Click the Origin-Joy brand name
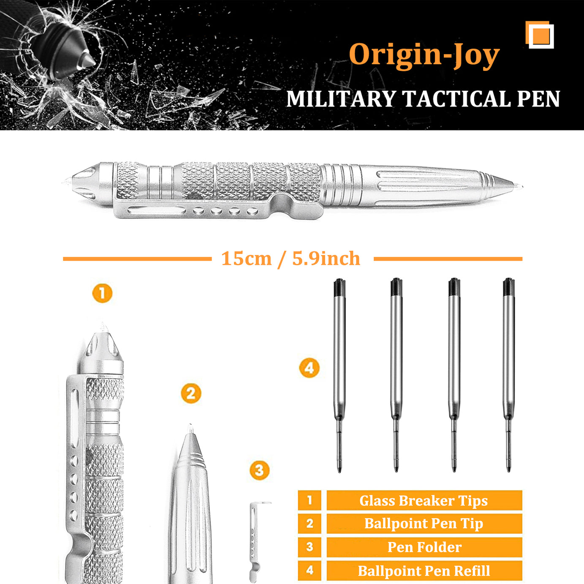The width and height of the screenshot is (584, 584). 424,54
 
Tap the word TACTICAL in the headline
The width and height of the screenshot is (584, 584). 456,99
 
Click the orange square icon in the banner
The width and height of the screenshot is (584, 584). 540,35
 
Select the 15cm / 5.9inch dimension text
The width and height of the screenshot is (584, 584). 291,258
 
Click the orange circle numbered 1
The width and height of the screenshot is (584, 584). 102,293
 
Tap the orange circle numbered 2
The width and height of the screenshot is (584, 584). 191,394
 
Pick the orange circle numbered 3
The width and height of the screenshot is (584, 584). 259,470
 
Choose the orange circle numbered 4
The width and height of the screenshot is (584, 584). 309,368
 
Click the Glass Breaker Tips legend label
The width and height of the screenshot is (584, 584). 424,500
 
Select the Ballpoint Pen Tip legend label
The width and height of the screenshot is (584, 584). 424,524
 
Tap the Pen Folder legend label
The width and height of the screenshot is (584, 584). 424,547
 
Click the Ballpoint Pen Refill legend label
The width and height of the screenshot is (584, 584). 424,571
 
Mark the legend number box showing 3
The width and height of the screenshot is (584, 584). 310,547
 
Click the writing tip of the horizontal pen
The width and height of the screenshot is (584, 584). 517,185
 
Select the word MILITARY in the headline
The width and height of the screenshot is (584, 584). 341,99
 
